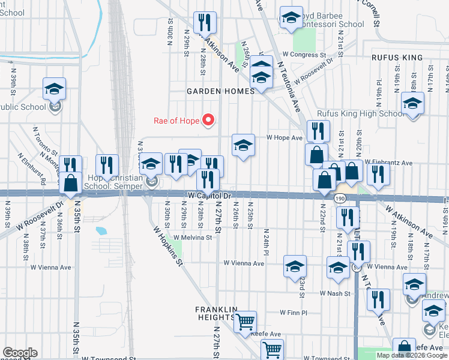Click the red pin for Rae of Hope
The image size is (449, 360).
click(209, 120)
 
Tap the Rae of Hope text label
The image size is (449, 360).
click(177, 121)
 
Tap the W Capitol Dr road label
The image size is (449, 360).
click(209, 196)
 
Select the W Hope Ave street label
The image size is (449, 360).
click(285, 138)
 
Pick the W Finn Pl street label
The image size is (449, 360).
click(294, 313)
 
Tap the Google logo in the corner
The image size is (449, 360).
click(20, 353)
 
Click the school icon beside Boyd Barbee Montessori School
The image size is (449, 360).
click(291, 19)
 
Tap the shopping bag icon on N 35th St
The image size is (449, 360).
click(71, 182)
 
